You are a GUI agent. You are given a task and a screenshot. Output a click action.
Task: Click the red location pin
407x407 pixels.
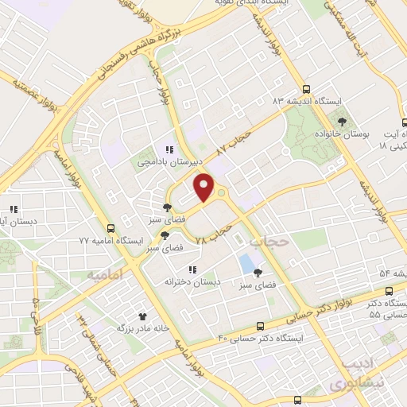(205, 186)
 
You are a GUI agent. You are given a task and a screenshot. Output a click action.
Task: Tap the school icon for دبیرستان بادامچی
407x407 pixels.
(168, 149)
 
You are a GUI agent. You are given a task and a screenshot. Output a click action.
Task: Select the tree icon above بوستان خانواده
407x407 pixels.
(342, 121)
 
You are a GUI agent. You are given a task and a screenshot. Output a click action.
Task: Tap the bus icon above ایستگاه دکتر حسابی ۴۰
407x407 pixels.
(261, 326)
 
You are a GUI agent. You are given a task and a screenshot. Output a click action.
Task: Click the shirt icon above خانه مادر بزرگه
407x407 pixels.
(143, 316)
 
